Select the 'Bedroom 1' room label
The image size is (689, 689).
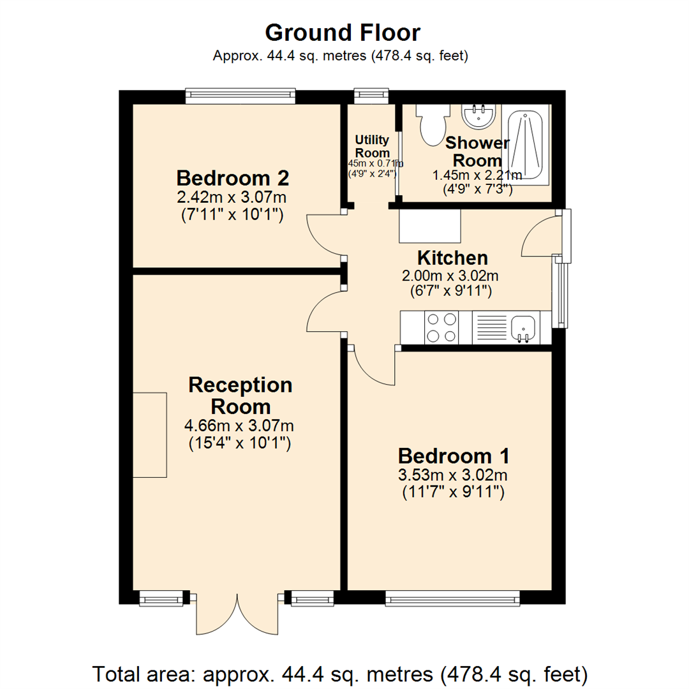453,456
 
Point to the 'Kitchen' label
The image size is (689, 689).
452,258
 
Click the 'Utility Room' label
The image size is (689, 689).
372,146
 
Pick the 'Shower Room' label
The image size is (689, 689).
477,151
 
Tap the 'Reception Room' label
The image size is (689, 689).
241,396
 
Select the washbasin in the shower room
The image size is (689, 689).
478,115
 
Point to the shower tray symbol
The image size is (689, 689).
526,146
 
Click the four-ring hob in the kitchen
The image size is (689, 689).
440,327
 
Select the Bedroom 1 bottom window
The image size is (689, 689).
452,598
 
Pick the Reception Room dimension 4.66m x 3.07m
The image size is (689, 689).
240,426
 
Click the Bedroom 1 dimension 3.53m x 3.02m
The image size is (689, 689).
453,475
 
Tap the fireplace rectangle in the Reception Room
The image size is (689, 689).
150,434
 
